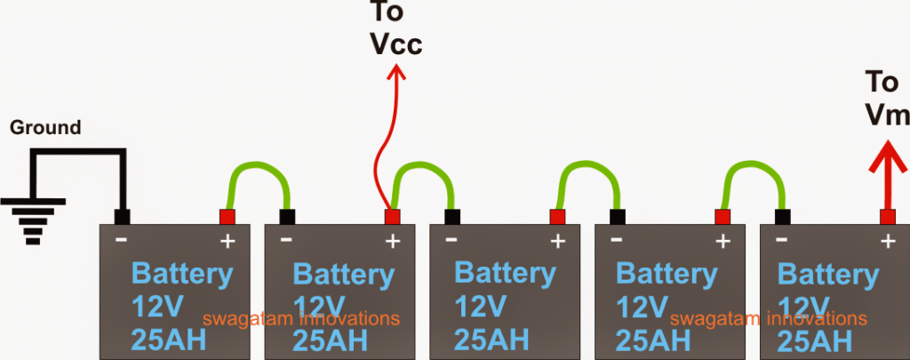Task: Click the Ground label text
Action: click(44, 128)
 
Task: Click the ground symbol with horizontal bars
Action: click(32, 219)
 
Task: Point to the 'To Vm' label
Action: click(885, 98)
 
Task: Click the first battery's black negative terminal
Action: click(123, 217)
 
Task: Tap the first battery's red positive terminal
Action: click(227, 217)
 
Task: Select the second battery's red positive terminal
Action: click(391, 217)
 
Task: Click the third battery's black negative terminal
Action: click(451, 217)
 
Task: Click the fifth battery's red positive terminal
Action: click(887, 217)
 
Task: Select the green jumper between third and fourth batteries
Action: click(586, 171)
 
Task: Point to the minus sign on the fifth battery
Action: click(781, 240)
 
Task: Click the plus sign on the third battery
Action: click(557, 240)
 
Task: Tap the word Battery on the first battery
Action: click(181, 273)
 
